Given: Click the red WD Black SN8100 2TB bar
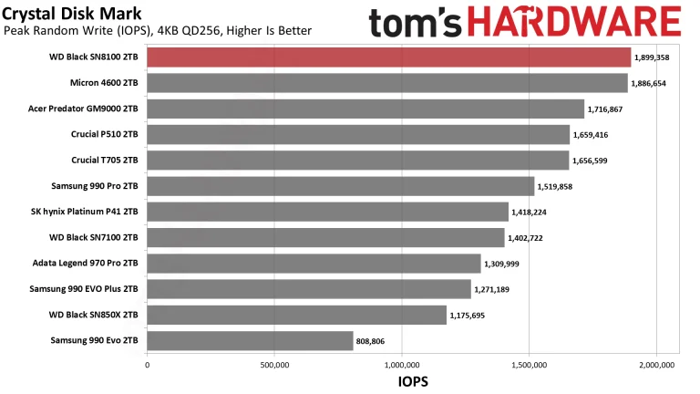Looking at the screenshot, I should point(388,57).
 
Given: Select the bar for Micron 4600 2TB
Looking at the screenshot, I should point(386,83).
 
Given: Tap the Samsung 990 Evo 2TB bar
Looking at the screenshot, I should point(250,341).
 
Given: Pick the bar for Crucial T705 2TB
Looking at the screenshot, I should point(357,161).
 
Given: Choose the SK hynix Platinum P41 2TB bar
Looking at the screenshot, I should point(327,213).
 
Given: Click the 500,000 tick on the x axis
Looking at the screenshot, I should point(274,365).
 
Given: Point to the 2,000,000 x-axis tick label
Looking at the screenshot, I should point(657,365).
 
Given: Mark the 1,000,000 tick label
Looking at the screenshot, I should point(402,365).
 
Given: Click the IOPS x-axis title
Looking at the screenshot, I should point(413,382).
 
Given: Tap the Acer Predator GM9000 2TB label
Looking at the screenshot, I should point(83,109).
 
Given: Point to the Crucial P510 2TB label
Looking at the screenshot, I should point(104,135).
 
